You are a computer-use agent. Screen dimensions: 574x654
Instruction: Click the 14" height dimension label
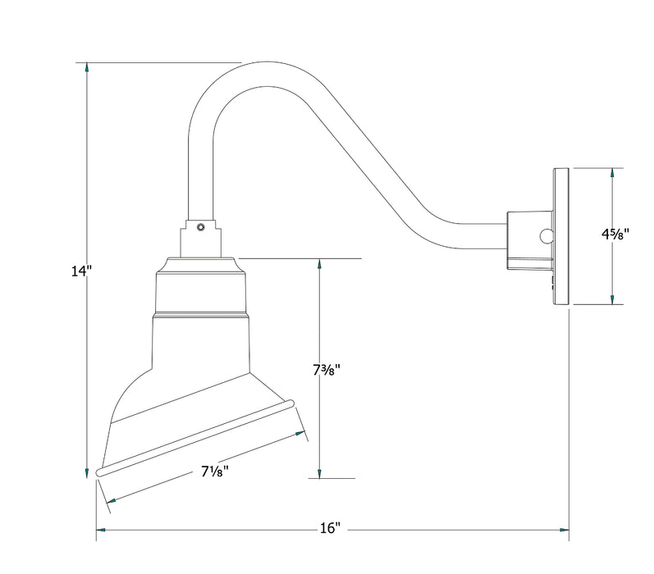click(80, 272)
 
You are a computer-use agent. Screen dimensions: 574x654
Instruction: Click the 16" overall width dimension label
click(331, 529)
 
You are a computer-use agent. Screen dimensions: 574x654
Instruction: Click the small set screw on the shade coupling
click(202, 225)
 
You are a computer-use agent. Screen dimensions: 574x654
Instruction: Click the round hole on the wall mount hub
click(545, 236)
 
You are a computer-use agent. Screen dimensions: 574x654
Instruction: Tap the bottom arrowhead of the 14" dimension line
click(86, 471)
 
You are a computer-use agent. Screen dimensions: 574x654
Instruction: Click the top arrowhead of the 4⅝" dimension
click(611, 175)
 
